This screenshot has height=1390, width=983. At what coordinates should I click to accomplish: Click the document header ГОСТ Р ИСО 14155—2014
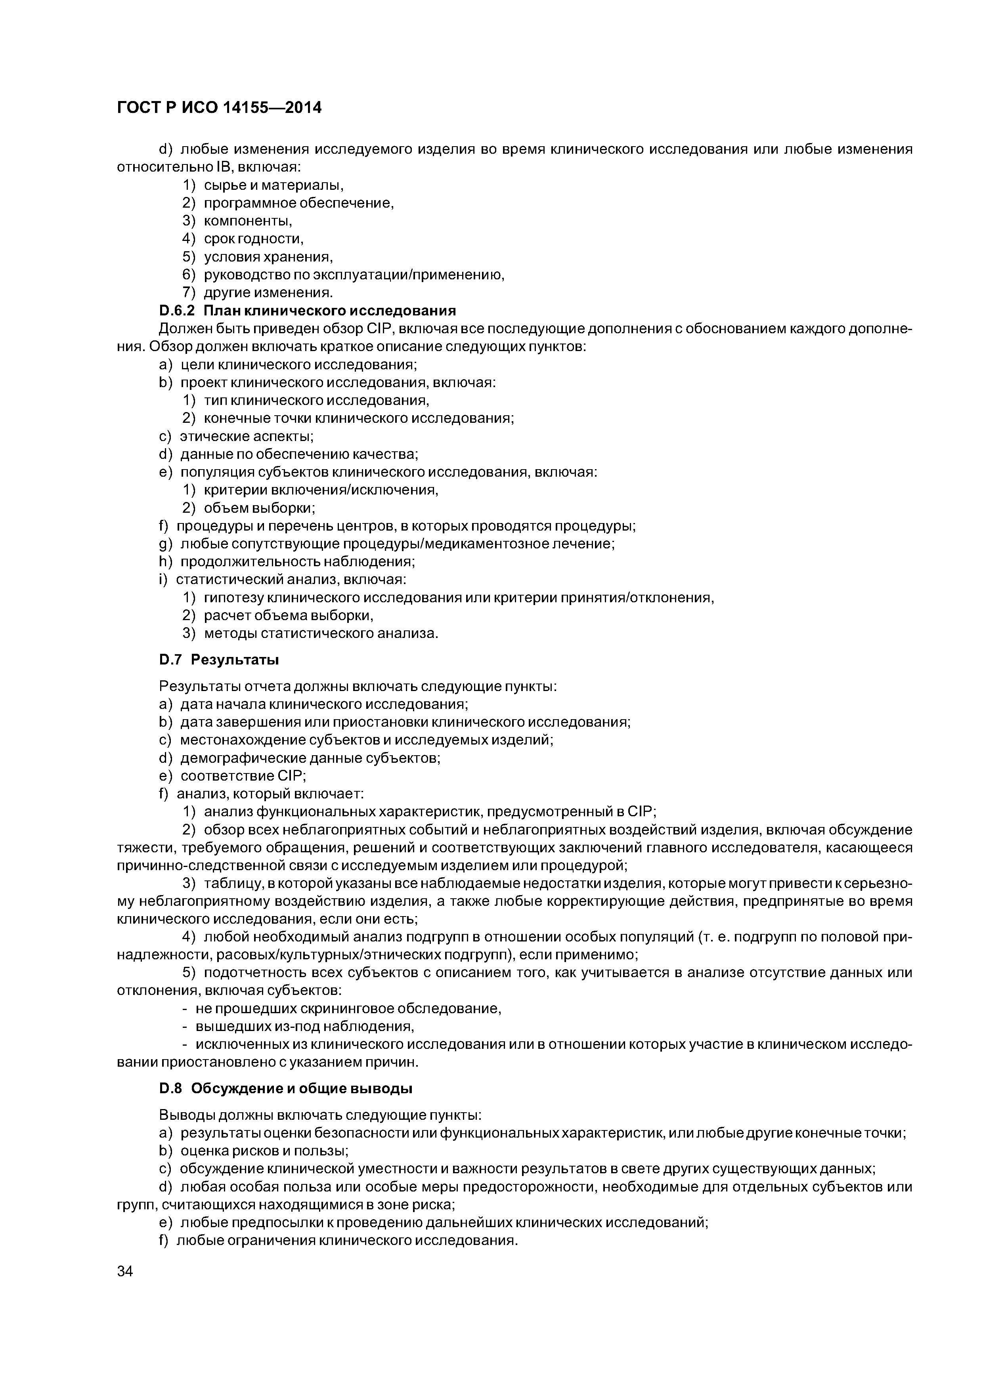[x=219, y=108]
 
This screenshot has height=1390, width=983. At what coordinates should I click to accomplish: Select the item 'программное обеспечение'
[x=298, y=203]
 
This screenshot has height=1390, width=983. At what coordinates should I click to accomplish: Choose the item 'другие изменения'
[x=268, y=293]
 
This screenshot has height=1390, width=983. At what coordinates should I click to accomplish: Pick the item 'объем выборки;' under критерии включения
[x=259, y=508]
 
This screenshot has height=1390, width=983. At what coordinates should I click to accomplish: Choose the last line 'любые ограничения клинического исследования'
[x=347, y=1241]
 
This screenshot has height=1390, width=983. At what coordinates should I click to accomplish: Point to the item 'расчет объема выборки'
[x=288, y=616]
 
